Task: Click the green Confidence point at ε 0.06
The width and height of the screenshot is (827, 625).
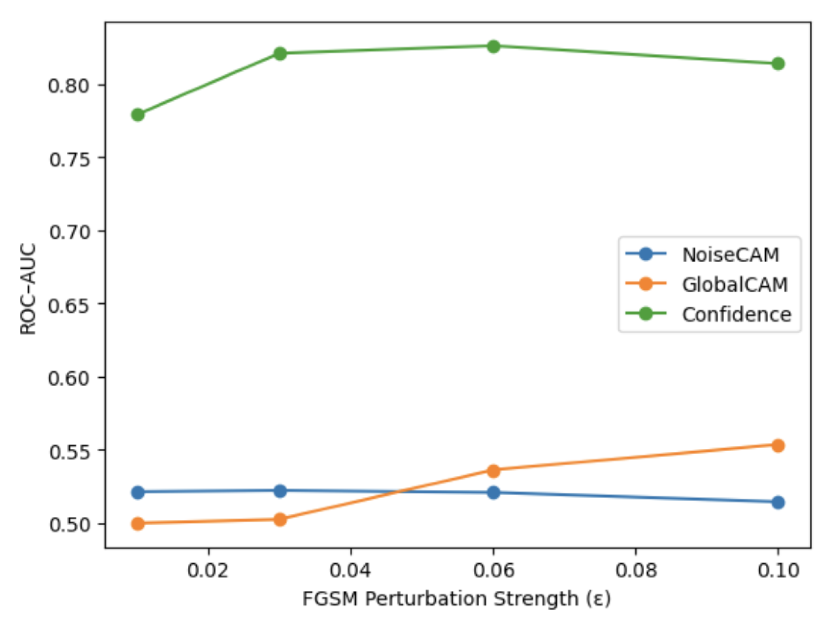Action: coord(493,47)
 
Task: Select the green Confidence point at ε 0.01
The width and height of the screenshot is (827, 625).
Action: coord(138,115)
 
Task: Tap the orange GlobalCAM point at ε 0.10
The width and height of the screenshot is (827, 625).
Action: coord(778,446)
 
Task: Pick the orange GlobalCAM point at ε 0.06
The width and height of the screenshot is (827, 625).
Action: coord(493,471)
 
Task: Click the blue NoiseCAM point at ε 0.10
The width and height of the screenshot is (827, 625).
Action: coord(778,503)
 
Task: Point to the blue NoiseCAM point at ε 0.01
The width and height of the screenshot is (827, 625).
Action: coord(138,493)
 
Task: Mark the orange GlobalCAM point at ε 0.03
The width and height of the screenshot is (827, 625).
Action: coord(280,519)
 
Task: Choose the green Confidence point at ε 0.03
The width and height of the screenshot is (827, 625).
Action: coord(280,54)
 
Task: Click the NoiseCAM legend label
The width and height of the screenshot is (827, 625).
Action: coord(731,255)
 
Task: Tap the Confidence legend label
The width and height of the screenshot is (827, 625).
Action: coord(736,314)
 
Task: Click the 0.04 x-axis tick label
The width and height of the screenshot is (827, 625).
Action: coord(350,570)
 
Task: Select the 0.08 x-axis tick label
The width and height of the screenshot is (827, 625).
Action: coord(636,570)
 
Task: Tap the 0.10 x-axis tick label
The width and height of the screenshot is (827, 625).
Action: coord(778,570)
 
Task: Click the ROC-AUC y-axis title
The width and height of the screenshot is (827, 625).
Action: coord(28,289)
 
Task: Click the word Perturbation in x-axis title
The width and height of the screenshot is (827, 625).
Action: coord(425,599)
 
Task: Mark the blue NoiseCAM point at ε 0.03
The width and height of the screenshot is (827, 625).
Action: coord(280,491)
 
